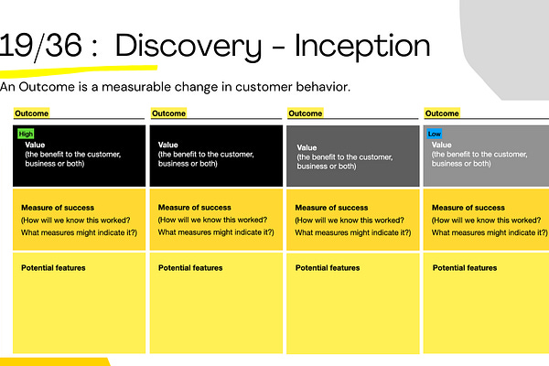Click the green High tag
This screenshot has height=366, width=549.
(26, 134)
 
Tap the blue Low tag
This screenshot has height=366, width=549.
(434, 134)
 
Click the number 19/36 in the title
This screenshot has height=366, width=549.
(40, 46)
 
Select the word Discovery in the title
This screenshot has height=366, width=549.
(188, 47)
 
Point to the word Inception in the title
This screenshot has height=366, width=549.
(362, 47)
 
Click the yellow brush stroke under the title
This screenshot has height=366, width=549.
(79, 70)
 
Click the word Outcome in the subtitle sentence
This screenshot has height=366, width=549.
(47, 87)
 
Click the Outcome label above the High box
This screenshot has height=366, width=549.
(31, 113)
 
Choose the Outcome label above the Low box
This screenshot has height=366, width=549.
(442, 113)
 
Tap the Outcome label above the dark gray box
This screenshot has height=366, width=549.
(306, 113)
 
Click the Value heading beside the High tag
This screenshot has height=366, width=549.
(35, 145)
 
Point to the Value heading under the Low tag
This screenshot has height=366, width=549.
(442, 145)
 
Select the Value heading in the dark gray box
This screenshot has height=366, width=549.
(307, 147)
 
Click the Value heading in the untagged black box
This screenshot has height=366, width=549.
(168, 145)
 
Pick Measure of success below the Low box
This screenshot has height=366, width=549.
(468, 208)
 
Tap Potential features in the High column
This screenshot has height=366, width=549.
(53, 268)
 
